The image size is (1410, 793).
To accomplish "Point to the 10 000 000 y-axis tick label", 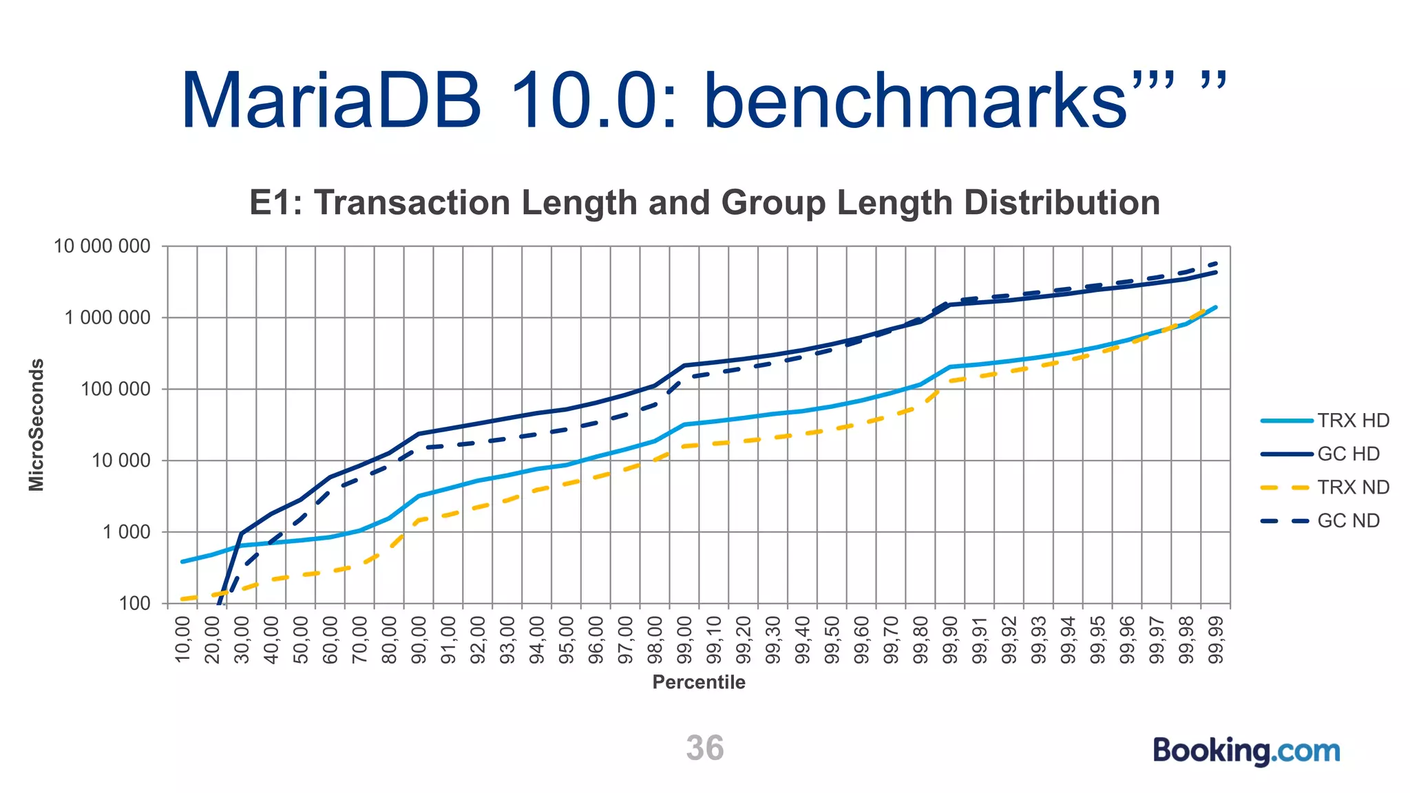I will pyautogui.click(x=102, y=246).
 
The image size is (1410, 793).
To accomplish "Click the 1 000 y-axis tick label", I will pyautogui.click(x=127, y=532).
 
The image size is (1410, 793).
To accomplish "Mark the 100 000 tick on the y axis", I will pyautogui.click(x=115, y=390).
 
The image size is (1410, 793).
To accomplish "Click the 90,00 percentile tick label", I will pyautogui.click(x=419, y=639).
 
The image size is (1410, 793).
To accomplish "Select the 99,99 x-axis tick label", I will pyautogui.click(x=1217, y=639).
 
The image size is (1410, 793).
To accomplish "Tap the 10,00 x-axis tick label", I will pyautogui.click(x=182, y=639).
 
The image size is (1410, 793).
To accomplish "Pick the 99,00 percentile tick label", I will pyautogui.click(x=684, y=639).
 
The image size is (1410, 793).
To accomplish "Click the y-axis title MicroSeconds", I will pyautogui.click(x=36, y=425).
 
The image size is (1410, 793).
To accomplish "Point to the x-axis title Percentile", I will pyautogui.click(x=699, y=682).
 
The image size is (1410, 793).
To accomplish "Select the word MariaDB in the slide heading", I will pyautogui.click(x=331, y=101).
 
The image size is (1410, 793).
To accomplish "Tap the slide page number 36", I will pyautogui.click(x=704, y=748).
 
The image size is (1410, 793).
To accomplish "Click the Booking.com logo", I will pyautogui.click(x=1246, y=750).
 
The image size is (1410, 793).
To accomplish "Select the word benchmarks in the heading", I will pyautogui.click(x=916, y=101).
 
